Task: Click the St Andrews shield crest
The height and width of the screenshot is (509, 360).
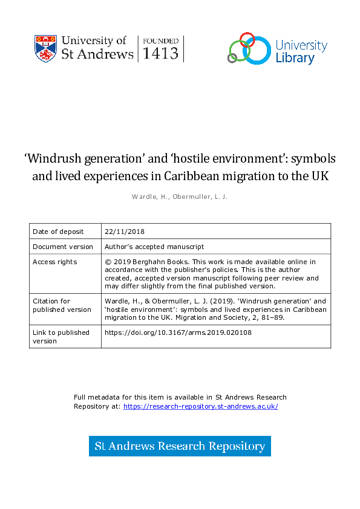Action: point(45,48)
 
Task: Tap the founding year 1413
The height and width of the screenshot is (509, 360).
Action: point(161,53)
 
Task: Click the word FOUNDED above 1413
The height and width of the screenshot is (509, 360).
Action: point(161,41)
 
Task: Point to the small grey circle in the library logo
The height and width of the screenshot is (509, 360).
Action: point(232,58)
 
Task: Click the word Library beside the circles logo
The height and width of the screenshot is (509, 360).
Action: point(295,58)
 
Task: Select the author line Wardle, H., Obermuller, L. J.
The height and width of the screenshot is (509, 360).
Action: point(180,196)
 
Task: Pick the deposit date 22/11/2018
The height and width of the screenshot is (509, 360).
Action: point(125,232)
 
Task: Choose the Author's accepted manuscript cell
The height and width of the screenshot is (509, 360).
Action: point(154,247)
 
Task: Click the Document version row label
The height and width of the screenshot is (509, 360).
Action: point(63,247)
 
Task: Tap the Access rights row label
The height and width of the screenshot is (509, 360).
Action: point(55,262)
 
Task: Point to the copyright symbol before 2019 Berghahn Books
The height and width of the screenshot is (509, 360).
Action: point(108,262)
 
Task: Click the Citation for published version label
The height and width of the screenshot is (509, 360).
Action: point(62,305)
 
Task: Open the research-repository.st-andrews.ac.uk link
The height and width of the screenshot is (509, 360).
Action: point(200,406)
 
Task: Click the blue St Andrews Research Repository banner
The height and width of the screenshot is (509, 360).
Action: point(180,446)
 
